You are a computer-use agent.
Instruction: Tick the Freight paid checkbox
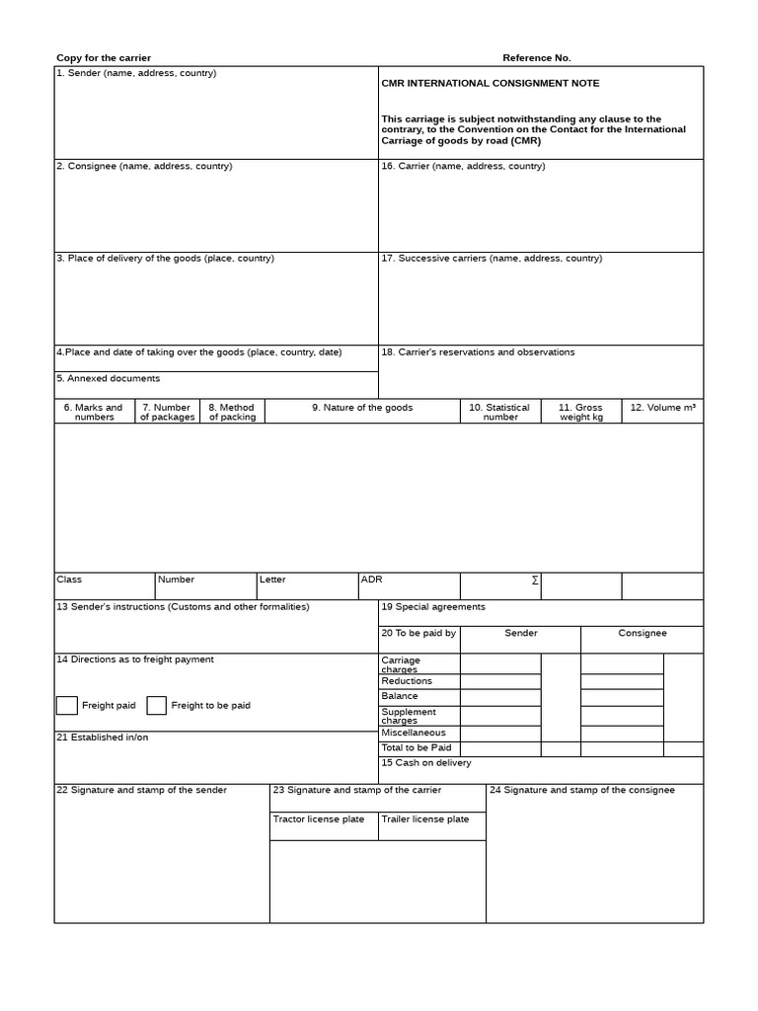point(66,705)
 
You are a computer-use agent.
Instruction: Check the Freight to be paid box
point(156,705)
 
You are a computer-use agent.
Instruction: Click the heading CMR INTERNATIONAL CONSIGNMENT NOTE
point(490,84)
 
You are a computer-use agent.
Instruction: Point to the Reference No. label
point(536,58)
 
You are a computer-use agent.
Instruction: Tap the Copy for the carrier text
point(104,58)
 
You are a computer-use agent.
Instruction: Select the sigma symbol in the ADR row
point(535,581)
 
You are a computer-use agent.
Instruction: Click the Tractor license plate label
point(319,819)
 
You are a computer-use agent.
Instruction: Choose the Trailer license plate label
point(425,819)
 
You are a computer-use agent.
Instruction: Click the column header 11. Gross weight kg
point(580,412)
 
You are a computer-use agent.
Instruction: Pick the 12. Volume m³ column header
point(662,408)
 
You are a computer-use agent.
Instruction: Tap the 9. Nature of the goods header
point(362,408)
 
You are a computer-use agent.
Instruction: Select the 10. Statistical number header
point(499,412)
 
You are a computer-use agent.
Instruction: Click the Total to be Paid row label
point(416,748)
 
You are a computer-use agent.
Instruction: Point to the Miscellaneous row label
point(414,733)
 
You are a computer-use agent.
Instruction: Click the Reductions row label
point(407,681)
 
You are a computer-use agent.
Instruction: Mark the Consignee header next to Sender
point(642,634)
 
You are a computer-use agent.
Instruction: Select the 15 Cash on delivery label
point(426,763)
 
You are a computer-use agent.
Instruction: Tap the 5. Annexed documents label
point(108,379)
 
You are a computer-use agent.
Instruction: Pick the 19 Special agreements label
point(433,607)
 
